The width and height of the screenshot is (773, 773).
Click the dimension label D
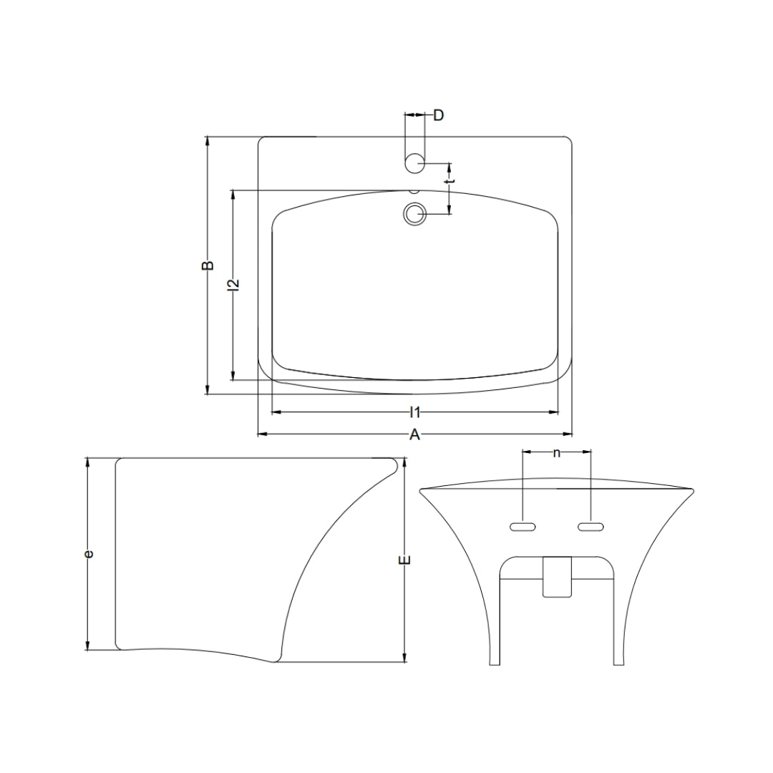(x=438, y=115)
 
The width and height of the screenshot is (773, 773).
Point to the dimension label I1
(x=415, y=412)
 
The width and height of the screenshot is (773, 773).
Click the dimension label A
(x=415, y=435)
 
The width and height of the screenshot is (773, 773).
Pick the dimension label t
(x=449, y=181)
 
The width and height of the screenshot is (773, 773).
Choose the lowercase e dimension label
(x=89, y=554)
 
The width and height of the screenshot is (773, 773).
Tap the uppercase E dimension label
(x=405, y=560)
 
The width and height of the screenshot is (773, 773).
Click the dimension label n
(x=557, y=452)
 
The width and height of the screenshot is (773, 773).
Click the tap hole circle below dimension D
(x=414, y=162)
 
